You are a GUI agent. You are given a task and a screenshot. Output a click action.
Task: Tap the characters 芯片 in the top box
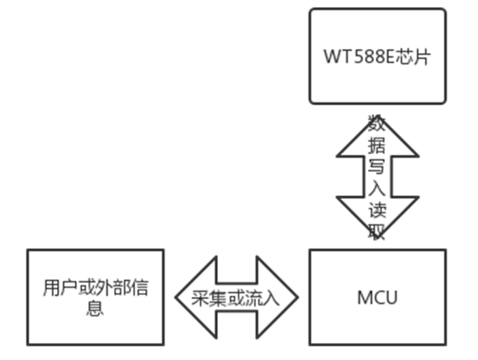pos(413,58)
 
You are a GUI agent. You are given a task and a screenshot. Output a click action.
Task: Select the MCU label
pos(377,298)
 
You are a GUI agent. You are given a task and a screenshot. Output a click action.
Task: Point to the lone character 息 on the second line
pos(95,308)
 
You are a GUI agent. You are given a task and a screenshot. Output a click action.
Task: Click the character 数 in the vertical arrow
pos(377,124)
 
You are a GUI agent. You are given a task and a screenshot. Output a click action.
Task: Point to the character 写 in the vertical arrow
pos(377,167)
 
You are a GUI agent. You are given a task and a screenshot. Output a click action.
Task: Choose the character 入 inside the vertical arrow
pos(377,188)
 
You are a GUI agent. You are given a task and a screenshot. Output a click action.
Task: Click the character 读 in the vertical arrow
pos(377,211)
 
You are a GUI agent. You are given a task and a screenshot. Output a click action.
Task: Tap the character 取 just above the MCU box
pos(377,233)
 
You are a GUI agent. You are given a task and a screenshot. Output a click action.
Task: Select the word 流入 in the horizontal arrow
pos(258,298)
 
